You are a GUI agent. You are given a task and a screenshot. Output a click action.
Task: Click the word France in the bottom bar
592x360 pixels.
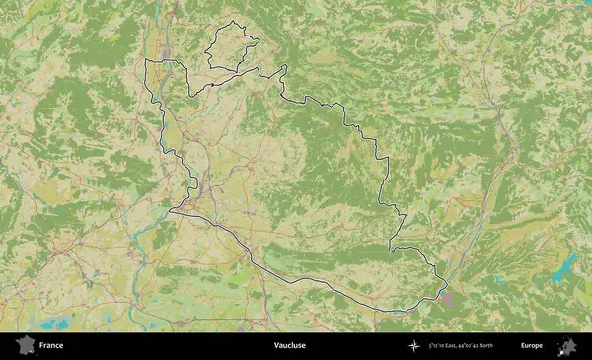(51, 346)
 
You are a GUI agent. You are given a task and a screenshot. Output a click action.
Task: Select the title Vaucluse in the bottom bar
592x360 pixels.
(290, 346)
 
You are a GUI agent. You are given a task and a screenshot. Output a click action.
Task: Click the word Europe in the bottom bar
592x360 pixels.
(532, 346)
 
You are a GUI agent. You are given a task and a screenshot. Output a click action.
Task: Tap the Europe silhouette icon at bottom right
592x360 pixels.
(567, 346)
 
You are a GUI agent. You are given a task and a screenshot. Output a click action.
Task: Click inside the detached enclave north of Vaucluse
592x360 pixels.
(229, 46)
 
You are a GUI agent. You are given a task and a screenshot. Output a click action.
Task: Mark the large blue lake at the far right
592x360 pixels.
(566, 265)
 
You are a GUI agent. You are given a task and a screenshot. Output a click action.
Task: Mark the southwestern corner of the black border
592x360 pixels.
(170, 210)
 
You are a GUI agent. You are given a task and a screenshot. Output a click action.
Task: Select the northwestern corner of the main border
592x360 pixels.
(147, 61)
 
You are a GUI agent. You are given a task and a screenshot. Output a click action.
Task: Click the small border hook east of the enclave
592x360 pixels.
(284, 68)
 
